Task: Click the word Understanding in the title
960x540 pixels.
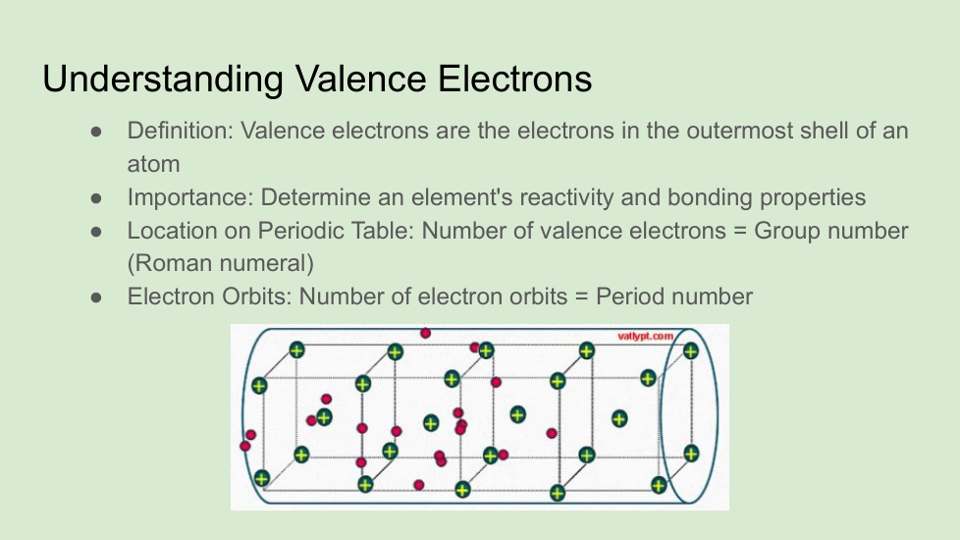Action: (162, 80)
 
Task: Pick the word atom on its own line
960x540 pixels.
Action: (154, 164)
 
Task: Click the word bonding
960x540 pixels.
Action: (710, 197)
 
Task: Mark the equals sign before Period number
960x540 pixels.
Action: (582, 297)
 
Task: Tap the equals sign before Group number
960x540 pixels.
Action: (739, 231)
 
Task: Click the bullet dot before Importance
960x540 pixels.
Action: (96, 198)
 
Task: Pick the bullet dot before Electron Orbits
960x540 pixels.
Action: (96, 297)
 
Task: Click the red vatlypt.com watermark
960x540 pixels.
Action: (645, 336)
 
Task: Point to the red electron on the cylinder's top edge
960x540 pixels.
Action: (425, 333)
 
